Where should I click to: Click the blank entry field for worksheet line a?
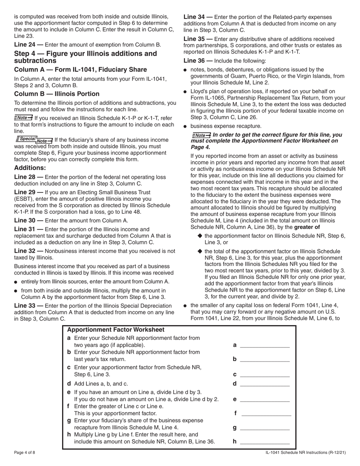click(x=265, y=345)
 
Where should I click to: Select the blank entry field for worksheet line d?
click(x=265, y=383)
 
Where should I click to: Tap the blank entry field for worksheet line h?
click(x=265, y=441)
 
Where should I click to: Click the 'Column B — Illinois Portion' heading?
click(x=57, y=94)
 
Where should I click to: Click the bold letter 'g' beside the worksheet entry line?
click(x=235, y=428)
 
